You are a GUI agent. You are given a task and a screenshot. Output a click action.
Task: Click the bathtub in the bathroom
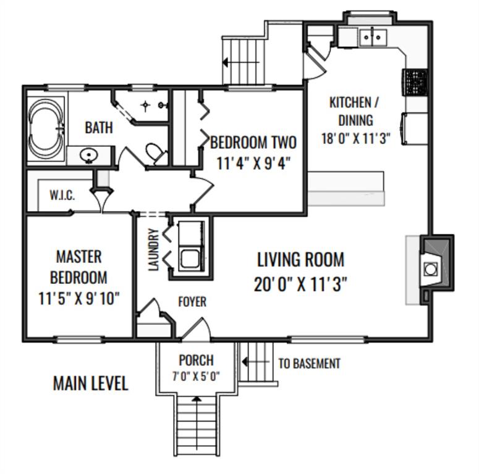[x=46, y=129]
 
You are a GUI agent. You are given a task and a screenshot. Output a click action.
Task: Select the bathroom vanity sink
[x=88, y=156]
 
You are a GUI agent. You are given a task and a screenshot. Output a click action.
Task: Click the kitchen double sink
[x=373, y=38]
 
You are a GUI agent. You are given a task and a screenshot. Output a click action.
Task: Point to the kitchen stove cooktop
[x=415, y=83]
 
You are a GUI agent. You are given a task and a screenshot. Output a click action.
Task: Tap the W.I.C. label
[x=62, y=195]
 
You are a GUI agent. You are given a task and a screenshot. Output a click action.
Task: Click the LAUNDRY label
[x=153, y=249]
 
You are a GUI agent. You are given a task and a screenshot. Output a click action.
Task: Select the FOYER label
[x=192, y=302]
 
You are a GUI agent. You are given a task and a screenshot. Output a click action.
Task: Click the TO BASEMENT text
[x=309, y=364]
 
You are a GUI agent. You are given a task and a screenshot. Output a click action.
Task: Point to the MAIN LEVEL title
[x=90, y=383]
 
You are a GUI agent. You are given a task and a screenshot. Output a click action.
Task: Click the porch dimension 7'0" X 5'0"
[x=196, y=376]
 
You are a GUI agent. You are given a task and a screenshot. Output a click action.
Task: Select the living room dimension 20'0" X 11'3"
[x=300, y=285]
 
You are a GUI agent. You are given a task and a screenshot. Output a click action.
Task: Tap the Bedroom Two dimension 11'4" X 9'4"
[x=253, y=164]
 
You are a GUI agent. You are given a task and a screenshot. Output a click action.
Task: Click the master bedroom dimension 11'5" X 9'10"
[x=79, y=299]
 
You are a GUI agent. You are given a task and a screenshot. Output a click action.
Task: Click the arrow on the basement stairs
[x=255, y=362]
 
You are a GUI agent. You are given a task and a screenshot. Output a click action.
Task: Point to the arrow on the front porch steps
[x=197, y=417]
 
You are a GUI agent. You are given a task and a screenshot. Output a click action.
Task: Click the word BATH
[x=99, y=128]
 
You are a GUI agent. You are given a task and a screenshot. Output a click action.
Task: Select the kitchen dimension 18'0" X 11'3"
[x=356, y=138]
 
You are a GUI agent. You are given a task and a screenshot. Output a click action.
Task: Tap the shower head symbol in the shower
[x=145, y=106]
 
